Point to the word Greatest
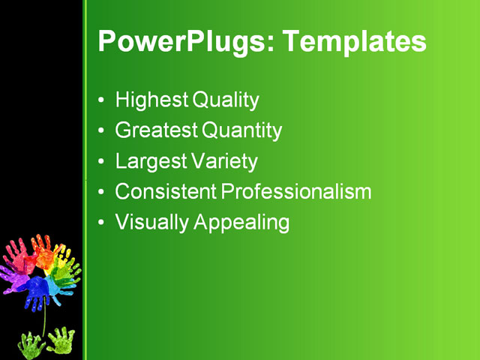coord(156,130)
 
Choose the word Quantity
coord(241,130)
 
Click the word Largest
coord(148,161)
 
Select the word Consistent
coord(165,192)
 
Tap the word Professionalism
coord(296,192)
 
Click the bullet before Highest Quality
coord(102,100)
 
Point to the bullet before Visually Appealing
coord(102,223)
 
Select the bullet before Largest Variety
coord(102,162)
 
